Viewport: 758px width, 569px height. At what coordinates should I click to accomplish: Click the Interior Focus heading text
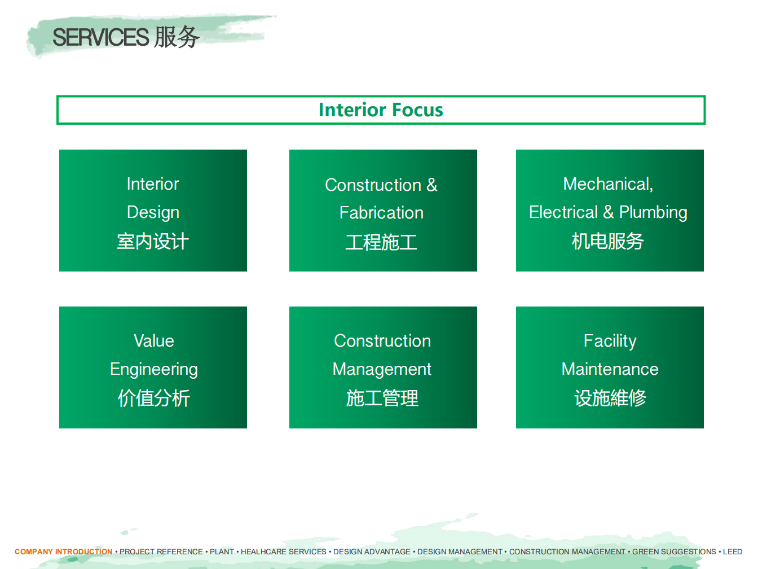[x=381, y=110]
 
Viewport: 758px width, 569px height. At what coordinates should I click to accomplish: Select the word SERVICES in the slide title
[x=101, y=37]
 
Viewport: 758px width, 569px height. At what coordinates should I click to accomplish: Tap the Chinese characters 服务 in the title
[x=177, y=37]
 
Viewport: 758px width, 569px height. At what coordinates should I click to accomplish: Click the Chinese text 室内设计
[x=153, y=241]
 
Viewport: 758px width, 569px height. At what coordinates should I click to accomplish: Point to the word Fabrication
[x=381, y=212]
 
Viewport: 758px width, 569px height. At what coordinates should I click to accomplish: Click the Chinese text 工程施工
[x=381, y=242]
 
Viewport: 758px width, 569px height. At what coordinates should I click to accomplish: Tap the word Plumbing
[x=653, y=212]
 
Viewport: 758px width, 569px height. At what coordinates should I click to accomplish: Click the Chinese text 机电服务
[x=608, y=241]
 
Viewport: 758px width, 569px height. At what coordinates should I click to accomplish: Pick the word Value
[x=153, y=340]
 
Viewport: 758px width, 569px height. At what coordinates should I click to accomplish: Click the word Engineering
[x=153, y=370]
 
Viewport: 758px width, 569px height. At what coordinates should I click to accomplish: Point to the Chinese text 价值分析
[x=153, y=398]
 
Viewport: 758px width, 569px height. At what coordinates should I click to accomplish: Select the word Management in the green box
[x=382, y=370]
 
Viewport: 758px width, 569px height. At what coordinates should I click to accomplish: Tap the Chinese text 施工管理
[x=382, y=398]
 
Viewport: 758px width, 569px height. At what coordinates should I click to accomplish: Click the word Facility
[x=610, y=342]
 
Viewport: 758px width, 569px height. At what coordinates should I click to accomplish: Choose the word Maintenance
[x=610, y=369]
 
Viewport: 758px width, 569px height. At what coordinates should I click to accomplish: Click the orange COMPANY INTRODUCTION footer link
[x=64, y=552]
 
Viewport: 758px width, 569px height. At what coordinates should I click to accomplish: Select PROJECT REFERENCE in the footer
[x=161, y=552]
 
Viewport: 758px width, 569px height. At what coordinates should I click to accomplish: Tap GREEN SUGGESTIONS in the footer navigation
[x=674, y=552]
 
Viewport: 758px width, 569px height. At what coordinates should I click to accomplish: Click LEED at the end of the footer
[x=733, y=552]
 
